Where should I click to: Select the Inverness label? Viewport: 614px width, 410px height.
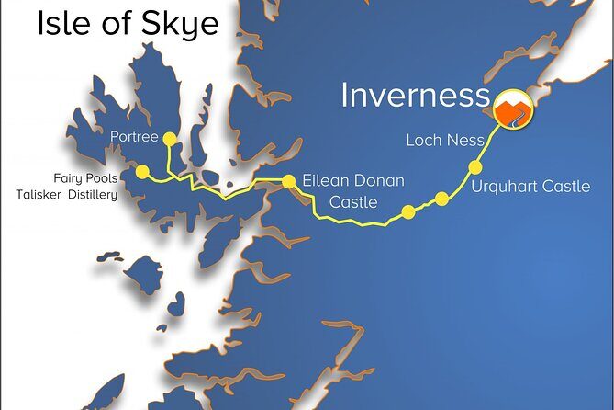[414, 96]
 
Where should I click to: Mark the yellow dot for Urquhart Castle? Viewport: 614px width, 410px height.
[475, 167]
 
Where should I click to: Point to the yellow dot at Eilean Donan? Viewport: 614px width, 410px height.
[288, 181]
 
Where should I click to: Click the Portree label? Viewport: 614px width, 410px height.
[134, 138]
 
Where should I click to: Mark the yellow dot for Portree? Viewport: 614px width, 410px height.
[169, 139]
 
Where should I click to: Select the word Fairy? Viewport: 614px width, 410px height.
[71, 177]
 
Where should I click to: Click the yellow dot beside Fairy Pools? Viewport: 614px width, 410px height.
[141, 172]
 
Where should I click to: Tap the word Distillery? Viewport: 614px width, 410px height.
[96, 194]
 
